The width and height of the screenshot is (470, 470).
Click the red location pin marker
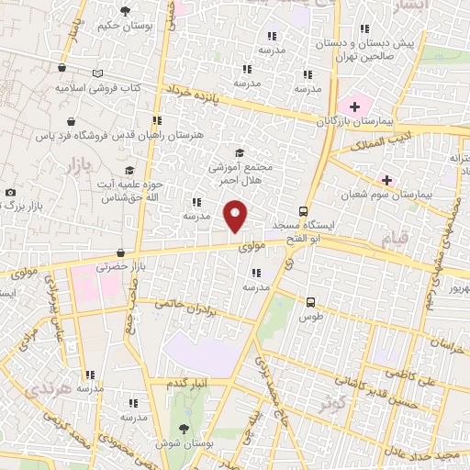click(x=236, y=216)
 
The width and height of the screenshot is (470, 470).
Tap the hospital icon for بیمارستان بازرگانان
click(x=355, y=107)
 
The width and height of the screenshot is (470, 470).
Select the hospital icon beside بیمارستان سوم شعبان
click(x=386, y=179)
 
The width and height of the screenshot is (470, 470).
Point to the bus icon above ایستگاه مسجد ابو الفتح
click(x=302, y=209)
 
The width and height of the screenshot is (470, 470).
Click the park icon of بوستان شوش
click(x=186, y=430)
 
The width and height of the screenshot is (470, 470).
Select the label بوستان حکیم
click(x=125, y=26)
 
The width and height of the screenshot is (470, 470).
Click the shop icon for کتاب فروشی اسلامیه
click(x=62, y=68)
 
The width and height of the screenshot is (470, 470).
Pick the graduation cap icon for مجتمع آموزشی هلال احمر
click(x=240, y=153)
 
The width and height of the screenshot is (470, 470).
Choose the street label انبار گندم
click(x=191, y=382)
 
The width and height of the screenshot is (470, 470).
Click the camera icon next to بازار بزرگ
click(x=10, y=192)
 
